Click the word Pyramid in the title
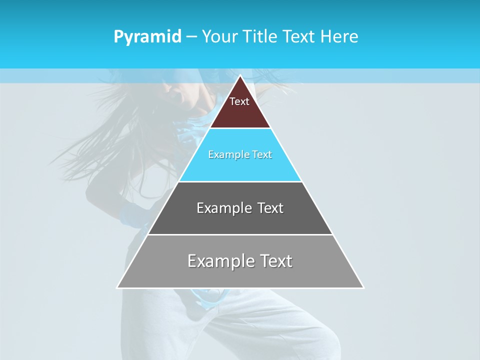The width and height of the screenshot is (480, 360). pos(147,37)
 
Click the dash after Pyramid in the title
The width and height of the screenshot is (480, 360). pos(191,37)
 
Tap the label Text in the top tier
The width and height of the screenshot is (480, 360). pos(239,101)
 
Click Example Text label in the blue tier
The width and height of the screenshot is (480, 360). pos(240,154)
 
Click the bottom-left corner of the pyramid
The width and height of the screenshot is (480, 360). pos(117,287)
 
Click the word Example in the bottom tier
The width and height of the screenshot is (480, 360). pos(220,261)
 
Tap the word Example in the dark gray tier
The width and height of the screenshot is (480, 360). pos(223,208)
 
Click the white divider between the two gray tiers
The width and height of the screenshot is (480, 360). pos(240,234)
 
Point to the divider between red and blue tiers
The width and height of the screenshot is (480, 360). pos(240,128)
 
